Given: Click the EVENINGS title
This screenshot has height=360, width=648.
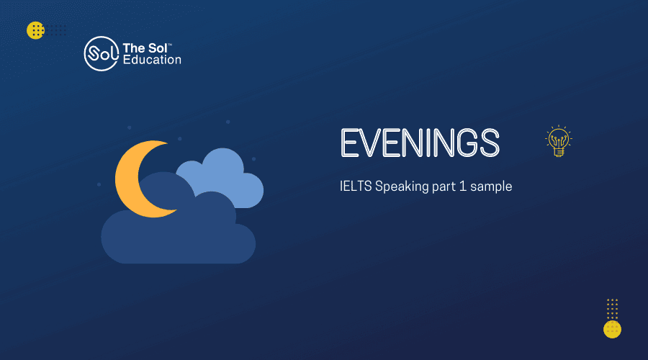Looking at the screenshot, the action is click(x=420, y=143).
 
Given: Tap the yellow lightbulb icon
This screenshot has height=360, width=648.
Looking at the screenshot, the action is click(x=559, y=141).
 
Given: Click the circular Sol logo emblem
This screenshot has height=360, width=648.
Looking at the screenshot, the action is click(x=102, y=54).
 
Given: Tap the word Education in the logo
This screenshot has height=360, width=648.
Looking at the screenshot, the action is click(x=152, y=60).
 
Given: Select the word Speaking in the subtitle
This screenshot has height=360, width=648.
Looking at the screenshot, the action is click(x=396, y=186).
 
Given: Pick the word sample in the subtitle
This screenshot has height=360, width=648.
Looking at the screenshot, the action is click(x=491, y=186).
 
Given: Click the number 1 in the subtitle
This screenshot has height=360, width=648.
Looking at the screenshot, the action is click(x=463, y=186).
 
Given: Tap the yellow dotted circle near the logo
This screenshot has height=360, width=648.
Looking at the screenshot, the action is click(x=35, y=30).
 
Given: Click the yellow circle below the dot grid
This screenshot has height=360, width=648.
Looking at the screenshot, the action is click(x=612, y=330).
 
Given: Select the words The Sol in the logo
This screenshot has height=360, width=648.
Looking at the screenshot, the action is click(x=145, y=48).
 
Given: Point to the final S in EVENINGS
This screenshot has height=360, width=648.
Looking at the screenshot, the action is click(x=490, y=143).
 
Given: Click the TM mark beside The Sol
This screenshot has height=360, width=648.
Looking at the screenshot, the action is click(x=170, y=44).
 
